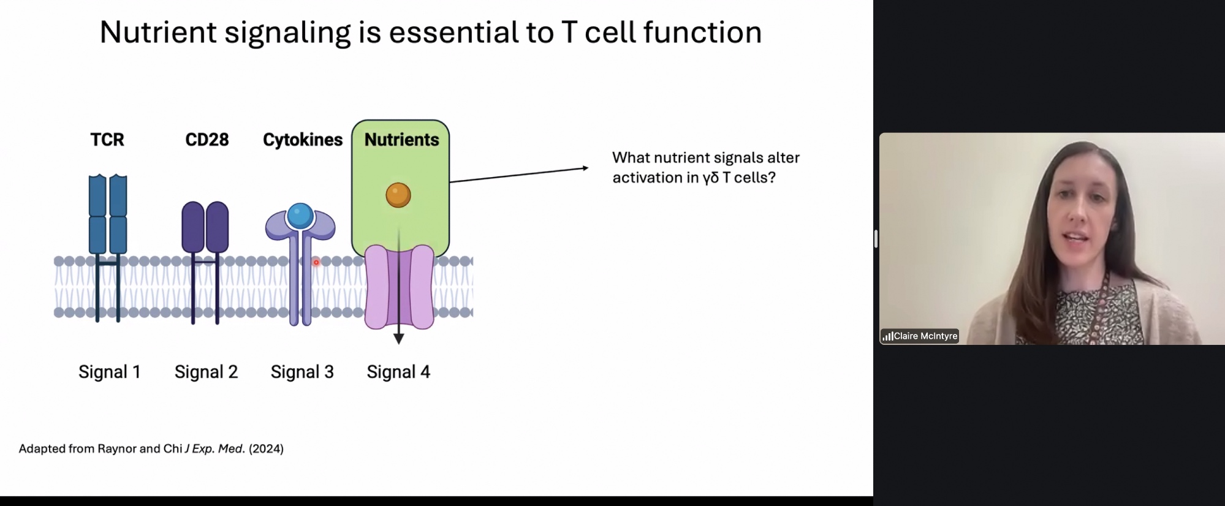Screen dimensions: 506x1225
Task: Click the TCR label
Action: click(x=107, y=140)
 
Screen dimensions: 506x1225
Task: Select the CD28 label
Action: click(x=207, y=140)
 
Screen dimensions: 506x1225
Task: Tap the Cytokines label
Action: click(x=303, y=140)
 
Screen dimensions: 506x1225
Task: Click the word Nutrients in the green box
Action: click(x=401, y=140)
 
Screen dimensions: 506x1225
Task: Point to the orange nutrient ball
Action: click(x=398, y=195)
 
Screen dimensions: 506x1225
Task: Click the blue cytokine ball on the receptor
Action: click(x=300, y=215)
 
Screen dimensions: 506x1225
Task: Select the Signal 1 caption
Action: click(x=110, y=372)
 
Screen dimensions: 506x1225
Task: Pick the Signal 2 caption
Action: click(x=206, y=372)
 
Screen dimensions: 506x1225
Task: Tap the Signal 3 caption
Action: click(x=302, y=372)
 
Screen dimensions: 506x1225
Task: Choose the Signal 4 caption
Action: click(x=398, y=372)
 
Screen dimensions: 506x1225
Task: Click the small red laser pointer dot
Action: click(x=316, y=262)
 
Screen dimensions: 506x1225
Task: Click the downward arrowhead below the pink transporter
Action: click(x=398, y=338)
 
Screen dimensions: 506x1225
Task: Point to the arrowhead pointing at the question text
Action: click(x=585, y=168)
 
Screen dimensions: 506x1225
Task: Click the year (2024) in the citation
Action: click(x=266, y=448)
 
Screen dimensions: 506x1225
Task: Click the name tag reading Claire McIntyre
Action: click(x=925, y=336)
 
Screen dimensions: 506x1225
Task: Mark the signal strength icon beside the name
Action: click(x=887, y=336)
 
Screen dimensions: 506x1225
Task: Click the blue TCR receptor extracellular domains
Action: click(x=108, y=214)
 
